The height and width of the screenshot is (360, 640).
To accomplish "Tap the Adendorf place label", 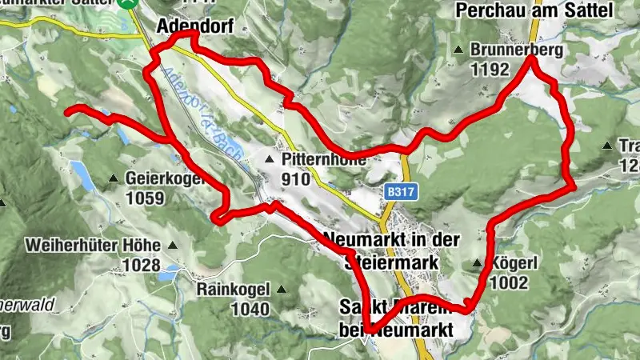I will (x=195, y=26).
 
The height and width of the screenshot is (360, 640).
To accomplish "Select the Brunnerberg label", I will (x=517, y=50).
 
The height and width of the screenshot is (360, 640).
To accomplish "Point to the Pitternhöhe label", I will (x=323, y=160).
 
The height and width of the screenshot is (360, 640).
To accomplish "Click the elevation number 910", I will (x=297, y=179).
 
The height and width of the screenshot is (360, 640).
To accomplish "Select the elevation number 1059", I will (x=145, y=198).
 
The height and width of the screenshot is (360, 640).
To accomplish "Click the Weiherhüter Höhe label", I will (x=93, y=245).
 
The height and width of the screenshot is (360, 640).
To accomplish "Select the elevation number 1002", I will (x=509, y=282).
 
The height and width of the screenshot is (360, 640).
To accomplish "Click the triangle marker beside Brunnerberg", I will (x=458, y=50).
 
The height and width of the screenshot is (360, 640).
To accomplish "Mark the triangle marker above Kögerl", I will (x=478, y=262).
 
